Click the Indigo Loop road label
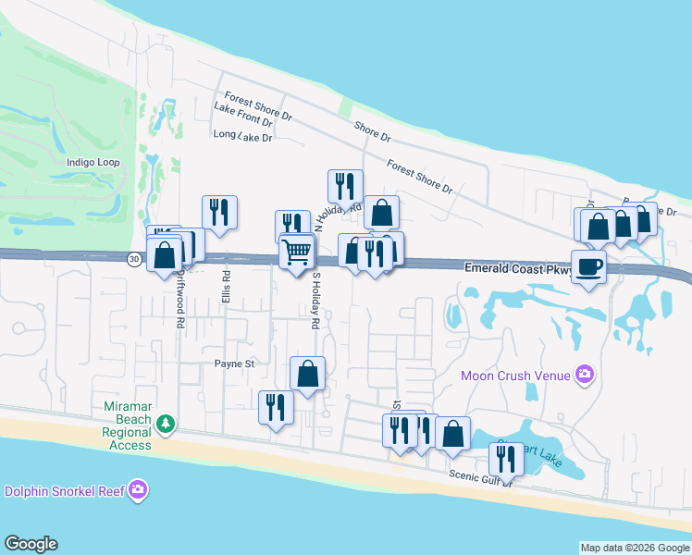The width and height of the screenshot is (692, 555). (x=93, y=162)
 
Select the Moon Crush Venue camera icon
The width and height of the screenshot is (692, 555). (x=584, y=375)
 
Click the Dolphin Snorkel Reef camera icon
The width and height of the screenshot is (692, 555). (x=138, y=489)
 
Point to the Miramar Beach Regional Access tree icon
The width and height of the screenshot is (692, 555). (x=165, y=424)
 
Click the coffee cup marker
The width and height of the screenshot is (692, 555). (x=588, y=267)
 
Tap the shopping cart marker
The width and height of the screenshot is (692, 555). (x=296, y=251)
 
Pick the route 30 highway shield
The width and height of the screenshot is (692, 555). (x=135, y=259)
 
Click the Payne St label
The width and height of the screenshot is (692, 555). (x=234, y=364)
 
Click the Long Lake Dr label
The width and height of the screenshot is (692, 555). (x=242, y=136)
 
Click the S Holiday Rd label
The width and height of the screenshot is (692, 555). (x=315, y=301)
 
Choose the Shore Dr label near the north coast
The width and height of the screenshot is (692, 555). (x=372, y=132)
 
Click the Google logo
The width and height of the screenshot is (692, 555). (x=31, y=544)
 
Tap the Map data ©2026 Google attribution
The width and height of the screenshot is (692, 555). (x=635, y=548)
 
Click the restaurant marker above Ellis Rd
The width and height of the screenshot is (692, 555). (x=219, y=212)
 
